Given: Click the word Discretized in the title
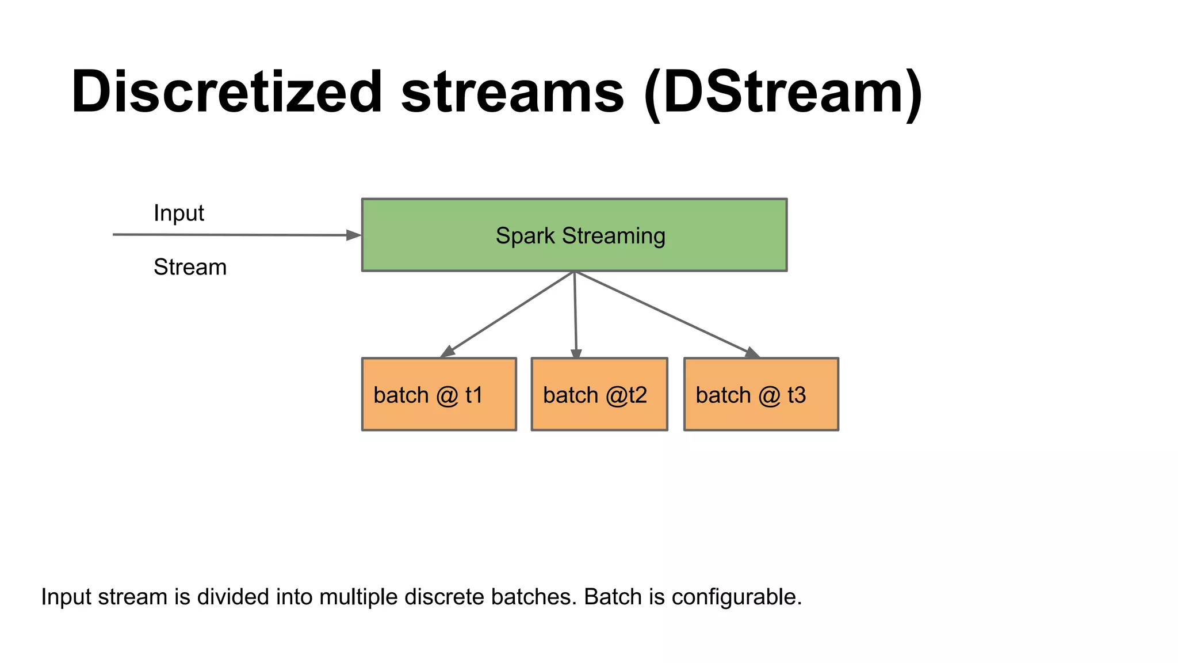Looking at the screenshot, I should pos(226,92).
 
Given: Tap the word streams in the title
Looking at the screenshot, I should pos(512,92).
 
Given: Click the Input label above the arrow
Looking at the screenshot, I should pos(178,214).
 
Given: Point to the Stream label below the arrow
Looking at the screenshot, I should pos(190,268).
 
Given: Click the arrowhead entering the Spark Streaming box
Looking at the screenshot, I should pos(353,235).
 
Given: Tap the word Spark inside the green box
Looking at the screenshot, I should pos(525,236).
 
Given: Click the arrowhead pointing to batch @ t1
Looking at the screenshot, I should pos(448,351).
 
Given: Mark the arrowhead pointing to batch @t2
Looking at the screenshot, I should pos(576,353).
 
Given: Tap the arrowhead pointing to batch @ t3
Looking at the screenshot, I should pos(752,352).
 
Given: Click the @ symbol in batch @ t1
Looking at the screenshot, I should pos(447,395).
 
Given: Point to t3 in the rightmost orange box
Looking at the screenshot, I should pos(797,395).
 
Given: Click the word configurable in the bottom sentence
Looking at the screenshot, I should pos(736,597).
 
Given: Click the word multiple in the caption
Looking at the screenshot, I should pos(358,597).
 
